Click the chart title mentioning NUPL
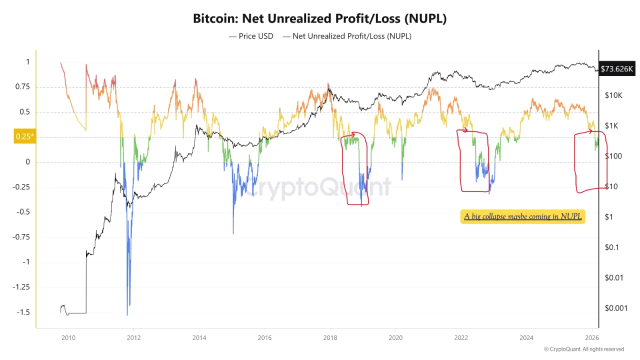(319, 18)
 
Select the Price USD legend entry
(251, 36)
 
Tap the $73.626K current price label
(617, 69)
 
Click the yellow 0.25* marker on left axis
(24, 136)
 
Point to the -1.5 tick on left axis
(23, 312)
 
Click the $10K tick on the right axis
(613, 95)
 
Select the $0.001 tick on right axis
(616, 308)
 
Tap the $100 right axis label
(613, 156)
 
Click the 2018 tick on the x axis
(330, 337)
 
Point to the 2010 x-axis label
(68, 337)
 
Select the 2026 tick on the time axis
(591, 337)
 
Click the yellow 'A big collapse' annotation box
(522, 216)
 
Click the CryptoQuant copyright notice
(583, 349)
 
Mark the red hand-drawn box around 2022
(473, 161)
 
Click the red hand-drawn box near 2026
(590, 161)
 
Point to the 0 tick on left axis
(28, 162)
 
